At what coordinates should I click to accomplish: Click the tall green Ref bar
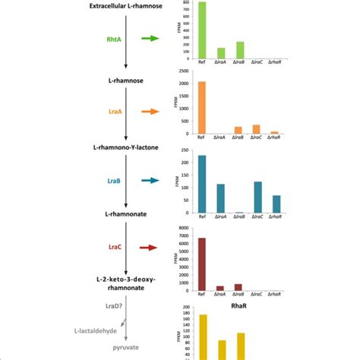201,30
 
